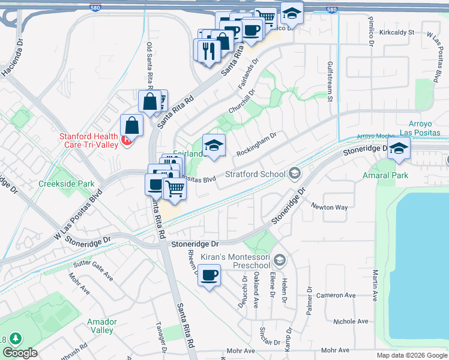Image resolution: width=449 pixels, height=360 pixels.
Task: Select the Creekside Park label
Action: coord(58,184)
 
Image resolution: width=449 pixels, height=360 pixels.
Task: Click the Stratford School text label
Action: coord(255,175)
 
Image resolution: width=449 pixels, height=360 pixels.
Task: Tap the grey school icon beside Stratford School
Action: coord(294,174)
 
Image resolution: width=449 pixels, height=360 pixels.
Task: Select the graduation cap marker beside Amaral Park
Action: coord(398,149)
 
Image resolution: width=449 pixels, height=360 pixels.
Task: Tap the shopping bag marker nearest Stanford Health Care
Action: coord(132,127)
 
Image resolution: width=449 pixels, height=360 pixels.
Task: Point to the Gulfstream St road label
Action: coord(330,81)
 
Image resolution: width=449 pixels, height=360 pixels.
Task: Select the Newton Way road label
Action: coord(329,207)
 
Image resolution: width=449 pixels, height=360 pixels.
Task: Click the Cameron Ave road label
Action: coord(336,295)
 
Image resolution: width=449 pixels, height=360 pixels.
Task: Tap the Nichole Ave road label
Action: coord(351,322)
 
